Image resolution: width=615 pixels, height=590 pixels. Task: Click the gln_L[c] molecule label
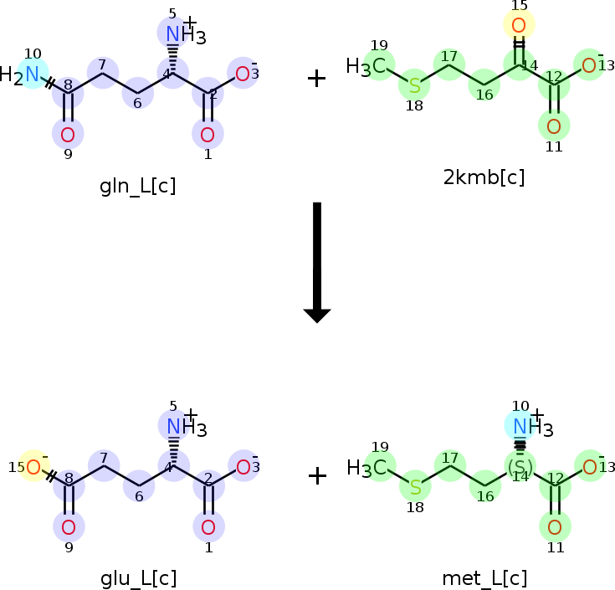click(x=137, y=186)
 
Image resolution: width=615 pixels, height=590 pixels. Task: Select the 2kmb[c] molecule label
click(x=484, y=177)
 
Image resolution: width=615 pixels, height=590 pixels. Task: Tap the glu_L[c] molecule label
click(x=138, y=578)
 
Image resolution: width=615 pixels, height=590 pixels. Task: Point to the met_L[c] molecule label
click(x=484, y=578)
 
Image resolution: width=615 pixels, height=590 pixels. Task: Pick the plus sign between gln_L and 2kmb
click(x=316, y=79)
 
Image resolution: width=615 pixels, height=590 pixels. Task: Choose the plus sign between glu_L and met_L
click(x=316, y=476)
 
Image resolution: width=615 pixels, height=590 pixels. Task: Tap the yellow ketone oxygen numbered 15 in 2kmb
click(x=519, y=24)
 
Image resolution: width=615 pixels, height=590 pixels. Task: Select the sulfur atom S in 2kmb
click(x=414, y=85)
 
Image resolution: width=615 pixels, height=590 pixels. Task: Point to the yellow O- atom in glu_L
click(x=33, y=467)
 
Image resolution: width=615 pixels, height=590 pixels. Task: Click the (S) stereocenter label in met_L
click(x=520, y=466)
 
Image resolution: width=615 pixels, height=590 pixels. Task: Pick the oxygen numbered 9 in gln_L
click(x=68, y=134)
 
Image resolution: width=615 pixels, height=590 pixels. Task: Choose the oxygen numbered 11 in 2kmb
click(x=554, y=127)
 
